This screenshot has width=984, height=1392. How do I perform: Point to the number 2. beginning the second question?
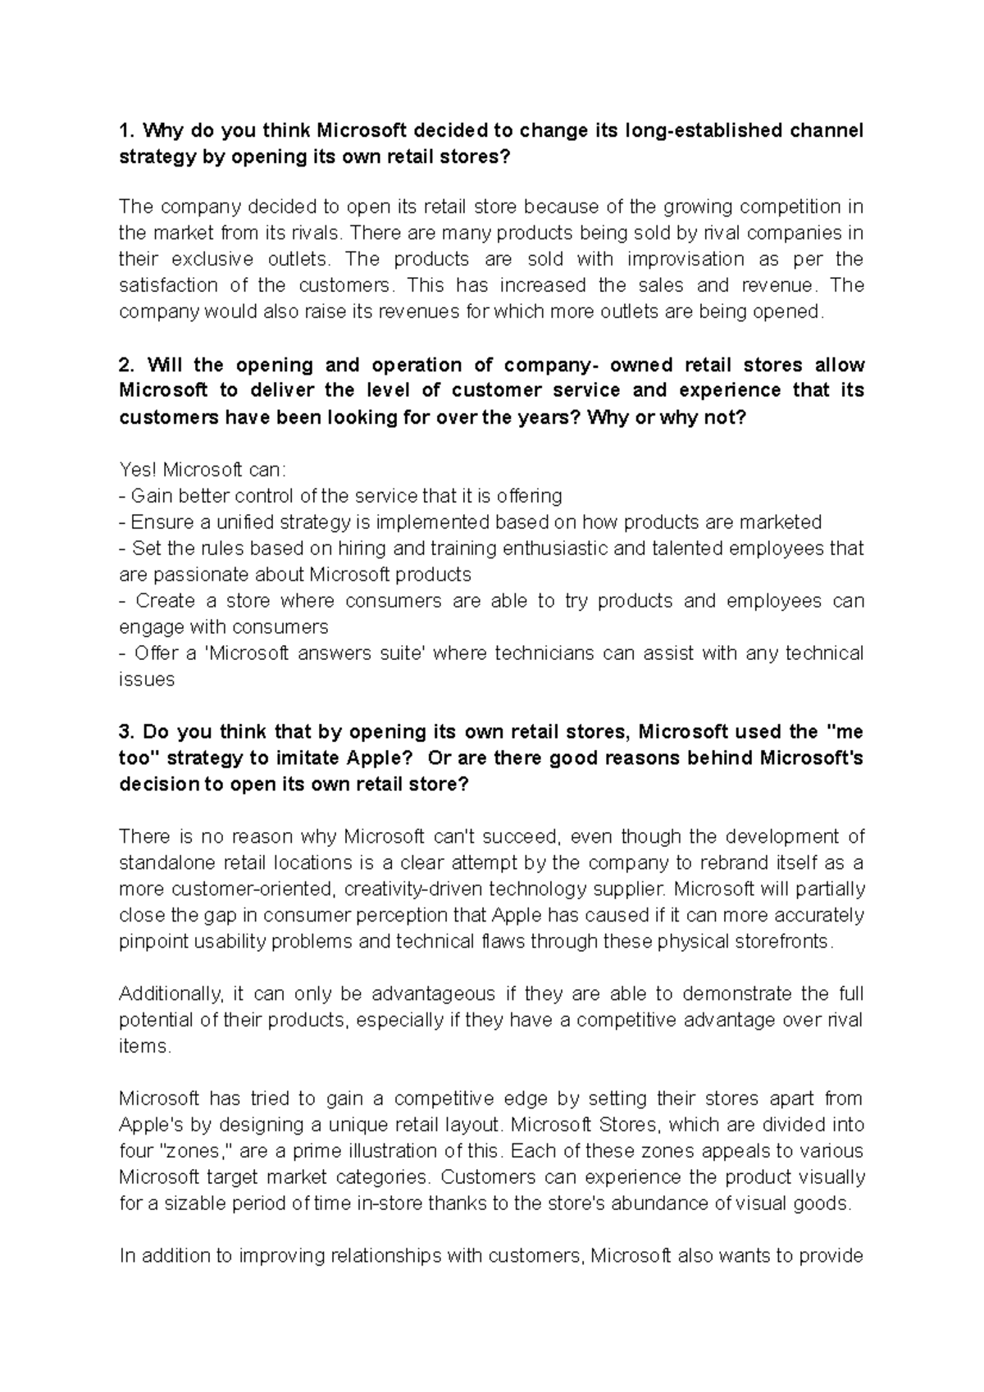(126, 364)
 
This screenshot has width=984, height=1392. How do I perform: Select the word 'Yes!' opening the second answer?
(137, 470)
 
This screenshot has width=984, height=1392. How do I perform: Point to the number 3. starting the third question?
(126, 731)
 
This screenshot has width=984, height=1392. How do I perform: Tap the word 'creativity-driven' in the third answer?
(412, 889)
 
